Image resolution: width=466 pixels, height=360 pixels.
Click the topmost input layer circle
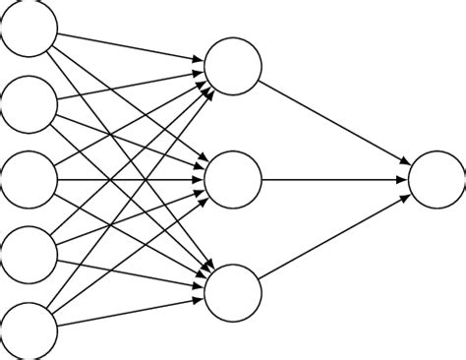click(x=29, y=29)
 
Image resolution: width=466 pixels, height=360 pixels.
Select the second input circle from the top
click(x=29, y=104)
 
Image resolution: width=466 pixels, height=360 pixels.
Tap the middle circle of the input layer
click(x=29, y=180)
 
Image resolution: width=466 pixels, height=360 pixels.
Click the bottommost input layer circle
click(x=29, y=330)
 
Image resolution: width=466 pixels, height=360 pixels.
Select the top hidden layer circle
click(x=234, y=67)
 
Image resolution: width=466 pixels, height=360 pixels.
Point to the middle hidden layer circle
click(x=234, y=180)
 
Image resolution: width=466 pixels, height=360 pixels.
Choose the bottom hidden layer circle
click(x=234, y=293)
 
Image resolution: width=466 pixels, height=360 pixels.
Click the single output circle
click(x=437, y=180)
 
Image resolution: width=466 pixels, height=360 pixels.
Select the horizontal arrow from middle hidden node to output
click(x=334, y=180)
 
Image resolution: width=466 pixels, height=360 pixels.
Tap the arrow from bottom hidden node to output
click(x=334, y=237)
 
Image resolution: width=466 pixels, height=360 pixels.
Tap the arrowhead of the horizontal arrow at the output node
click(x=403, y=180)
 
